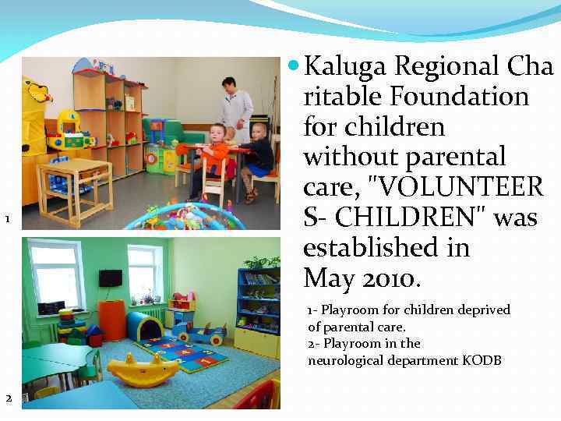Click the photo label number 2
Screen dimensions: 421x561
pos(8,398)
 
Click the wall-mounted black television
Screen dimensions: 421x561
pos(110,278)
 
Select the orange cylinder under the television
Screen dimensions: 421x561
pos(112,320)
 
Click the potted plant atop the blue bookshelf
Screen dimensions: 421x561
pos(263,264)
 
